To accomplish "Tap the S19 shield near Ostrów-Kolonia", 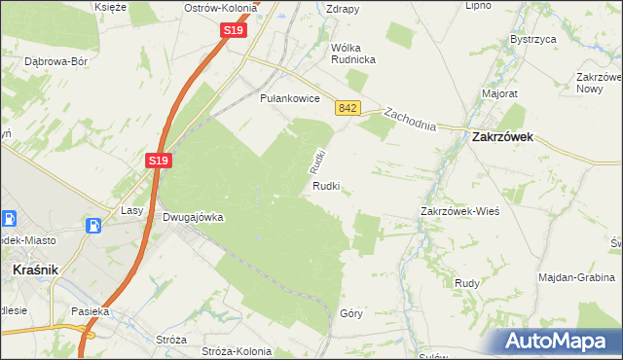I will [233, 31].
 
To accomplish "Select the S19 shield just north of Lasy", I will [161, 161].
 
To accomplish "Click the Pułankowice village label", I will [290, 98].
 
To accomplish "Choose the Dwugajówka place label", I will [193, 218].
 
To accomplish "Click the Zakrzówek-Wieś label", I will [459, 211].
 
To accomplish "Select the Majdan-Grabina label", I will [577, 277].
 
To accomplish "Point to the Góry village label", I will [351, 314].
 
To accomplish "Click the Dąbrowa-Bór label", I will [55, 61].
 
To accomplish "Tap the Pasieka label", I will [87, 312].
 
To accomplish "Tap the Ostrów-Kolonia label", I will [221, 8].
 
